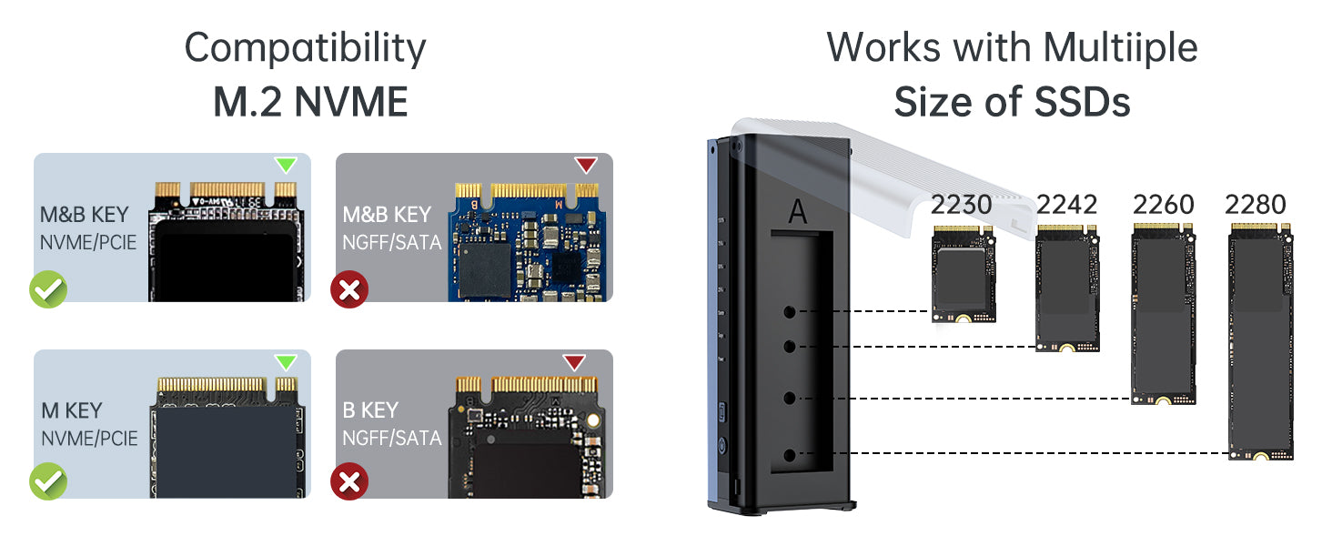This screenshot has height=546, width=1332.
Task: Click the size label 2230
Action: point(961,205)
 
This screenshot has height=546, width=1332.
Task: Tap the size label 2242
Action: point(1066,205)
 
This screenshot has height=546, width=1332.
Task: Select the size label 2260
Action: point(1163,205)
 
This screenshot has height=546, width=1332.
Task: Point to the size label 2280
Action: point(1256,205)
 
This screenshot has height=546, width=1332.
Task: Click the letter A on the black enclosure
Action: point(798,211)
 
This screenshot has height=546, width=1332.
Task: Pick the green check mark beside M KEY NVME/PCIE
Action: point(47,481)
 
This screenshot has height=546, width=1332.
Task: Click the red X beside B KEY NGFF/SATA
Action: point(349,481)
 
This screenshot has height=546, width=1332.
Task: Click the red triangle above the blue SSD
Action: point(586,166)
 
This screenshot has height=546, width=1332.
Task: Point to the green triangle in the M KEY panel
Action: point(286,362)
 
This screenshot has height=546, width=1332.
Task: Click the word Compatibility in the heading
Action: point(305,47)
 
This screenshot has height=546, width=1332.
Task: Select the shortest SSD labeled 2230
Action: point(963,273)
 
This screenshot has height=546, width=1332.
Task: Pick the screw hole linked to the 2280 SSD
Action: point(790,454)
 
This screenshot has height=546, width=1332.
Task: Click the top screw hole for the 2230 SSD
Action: point(790,312)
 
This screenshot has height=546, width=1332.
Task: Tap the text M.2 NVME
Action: point(310,102)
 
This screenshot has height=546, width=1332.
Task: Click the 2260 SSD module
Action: point(1163,314)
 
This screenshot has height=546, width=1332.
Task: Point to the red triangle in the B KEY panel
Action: point(573,362)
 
